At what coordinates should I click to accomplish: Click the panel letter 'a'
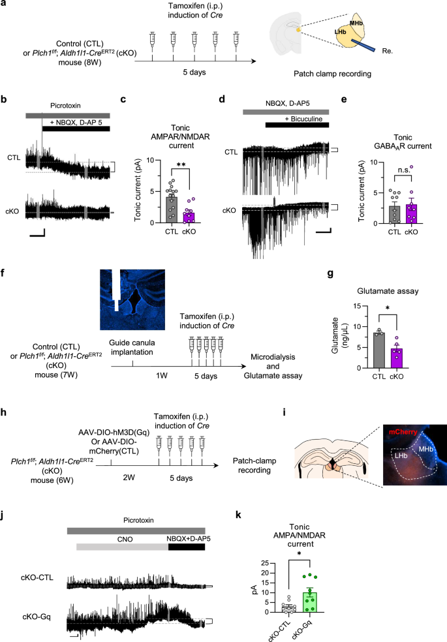pyautogui.click(x=5, y=6)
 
